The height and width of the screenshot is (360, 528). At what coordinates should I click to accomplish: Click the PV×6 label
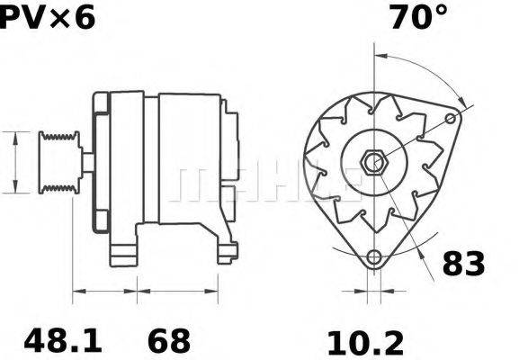pos(47,17)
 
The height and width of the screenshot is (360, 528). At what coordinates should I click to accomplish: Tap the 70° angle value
pos(417,17)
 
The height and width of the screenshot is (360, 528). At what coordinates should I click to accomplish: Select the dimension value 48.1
pos(63,341)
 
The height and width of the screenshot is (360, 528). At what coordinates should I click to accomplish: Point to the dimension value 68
pos(169,341)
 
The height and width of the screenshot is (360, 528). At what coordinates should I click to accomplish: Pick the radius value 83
pos(462,264)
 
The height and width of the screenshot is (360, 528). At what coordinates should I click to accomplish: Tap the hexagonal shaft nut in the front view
pos(373,163)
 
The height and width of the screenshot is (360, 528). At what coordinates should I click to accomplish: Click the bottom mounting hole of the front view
pos(373,259)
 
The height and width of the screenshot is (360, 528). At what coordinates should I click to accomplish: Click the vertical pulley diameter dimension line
pos(15,162)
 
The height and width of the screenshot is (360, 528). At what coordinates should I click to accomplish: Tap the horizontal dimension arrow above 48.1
pos(104,291)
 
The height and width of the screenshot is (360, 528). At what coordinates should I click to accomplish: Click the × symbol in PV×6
pos(52,18)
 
